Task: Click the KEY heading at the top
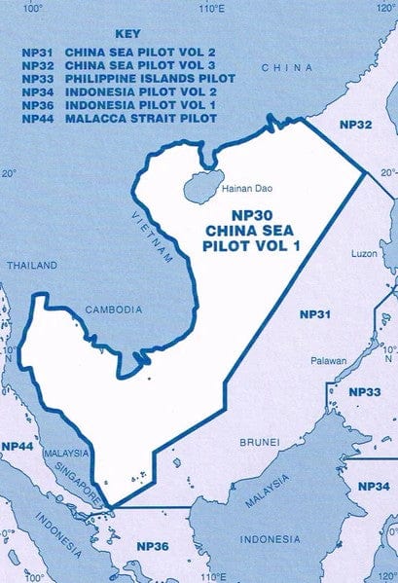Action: coord(127,32)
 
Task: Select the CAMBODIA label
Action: coord(112,310)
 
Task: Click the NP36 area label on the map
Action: coord(153,546)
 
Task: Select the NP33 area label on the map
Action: coord(364,392)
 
